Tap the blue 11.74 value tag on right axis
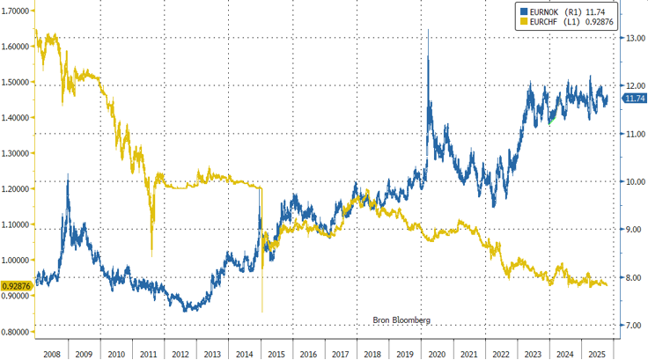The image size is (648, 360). pyautogui.click(x=636, y=99)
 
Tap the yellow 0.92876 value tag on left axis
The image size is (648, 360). pyautogui.click(x=17, y=286)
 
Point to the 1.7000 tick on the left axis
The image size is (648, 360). pyautogui.click(x=17, y=11)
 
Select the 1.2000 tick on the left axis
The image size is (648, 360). pyautogui.click(x=17, y=188)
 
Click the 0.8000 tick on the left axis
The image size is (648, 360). pyautogui.click(x=17, y=332)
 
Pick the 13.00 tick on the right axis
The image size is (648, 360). pyautogui.click(x=635, y=38)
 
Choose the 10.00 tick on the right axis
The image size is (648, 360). pyautogui.click(x=635, y=181)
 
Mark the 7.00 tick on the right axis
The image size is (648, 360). pyautogui.click(x=635, y=325)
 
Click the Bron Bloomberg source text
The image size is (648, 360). pyautogui.click(x=397, y=320)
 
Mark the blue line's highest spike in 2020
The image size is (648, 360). pyautogui.click(x=428, y=30)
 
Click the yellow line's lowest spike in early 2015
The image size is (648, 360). pyautogui.click(x=262, y=311)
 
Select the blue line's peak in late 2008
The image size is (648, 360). pyautogui.click(x=68, y=176)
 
